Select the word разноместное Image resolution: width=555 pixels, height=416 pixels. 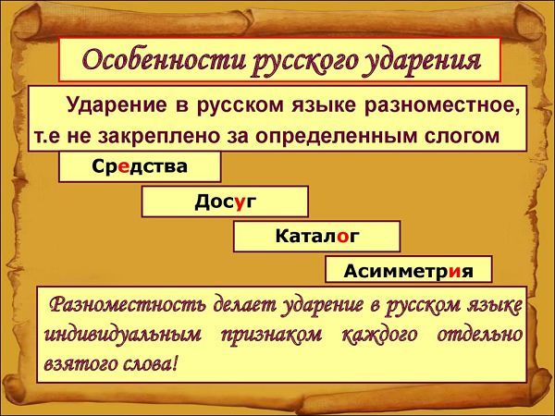(x=442, y=105)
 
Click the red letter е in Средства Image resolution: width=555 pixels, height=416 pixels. (x=124, y=166)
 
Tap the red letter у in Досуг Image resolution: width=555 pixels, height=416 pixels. (x=240, y=202)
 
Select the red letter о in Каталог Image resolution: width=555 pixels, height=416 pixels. (x=343, y=237)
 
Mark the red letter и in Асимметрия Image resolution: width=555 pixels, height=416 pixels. (x=456, y=272)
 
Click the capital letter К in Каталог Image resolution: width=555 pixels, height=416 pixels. (x=283, y=235)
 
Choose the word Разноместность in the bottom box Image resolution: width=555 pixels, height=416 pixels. (x=128, y=305)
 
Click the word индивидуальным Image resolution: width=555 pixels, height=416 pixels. (x=123, y=335)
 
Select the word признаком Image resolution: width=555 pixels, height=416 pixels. (x=271, y=336)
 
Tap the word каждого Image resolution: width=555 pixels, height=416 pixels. (x=380, y=335)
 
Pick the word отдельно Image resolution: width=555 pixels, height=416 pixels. (x=479, y=335)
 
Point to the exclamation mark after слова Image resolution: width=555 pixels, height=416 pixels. (x=173, y=363)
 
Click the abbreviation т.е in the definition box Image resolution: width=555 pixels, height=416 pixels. (x=48, y=137)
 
